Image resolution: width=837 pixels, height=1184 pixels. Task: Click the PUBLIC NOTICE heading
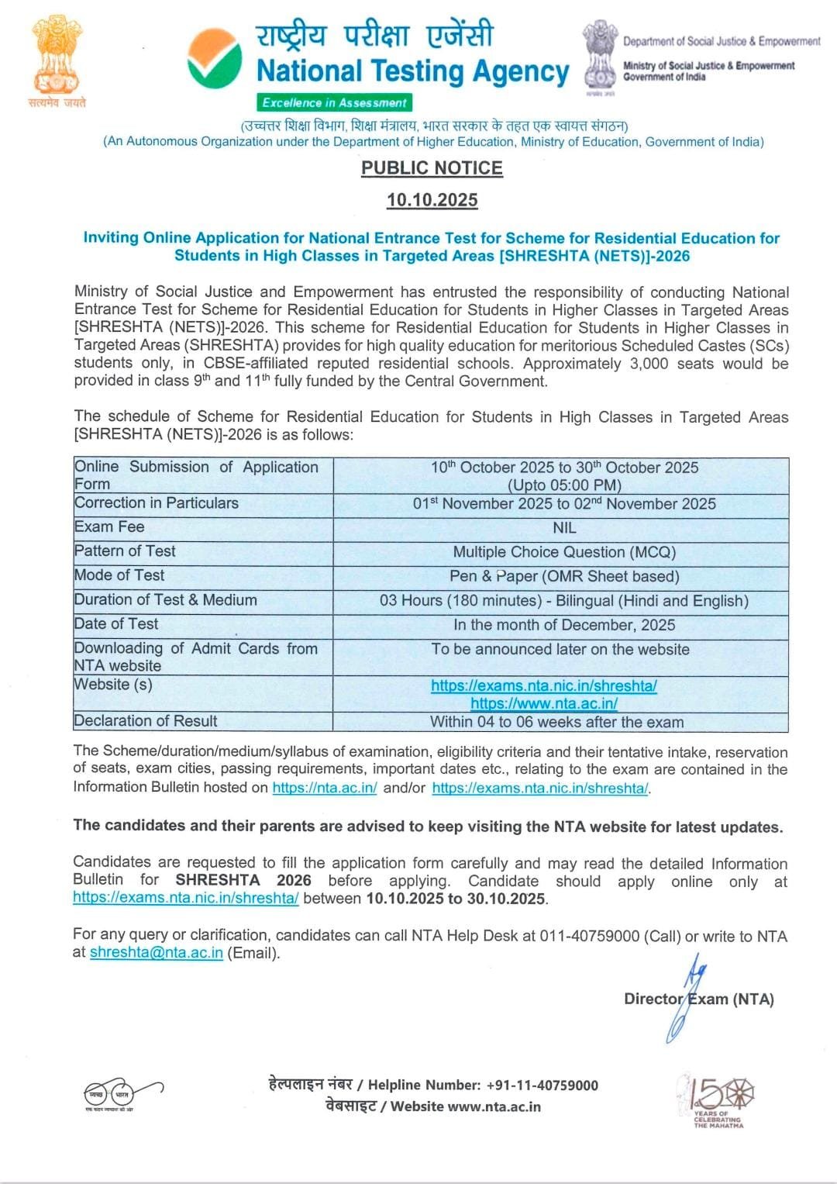[x=432, y=168]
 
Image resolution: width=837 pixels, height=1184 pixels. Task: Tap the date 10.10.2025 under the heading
[x=432, y=200]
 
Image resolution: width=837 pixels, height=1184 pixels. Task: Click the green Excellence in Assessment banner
[x=334, y=102]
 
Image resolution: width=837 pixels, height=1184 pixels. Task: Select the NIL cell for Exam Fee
[x=564, y=528]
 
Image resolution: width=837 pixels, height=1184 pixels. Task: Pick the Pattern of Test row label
[x=125, y=551]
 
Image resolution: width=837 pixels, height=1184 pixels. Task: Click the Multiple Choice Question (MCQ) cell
[x=564, y=552]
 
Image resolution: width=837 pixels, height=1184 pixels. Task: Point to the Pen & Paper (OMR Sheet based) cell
[x=564, y=576]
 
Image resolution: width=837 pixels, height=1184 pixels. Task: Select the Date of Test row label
[x=116, y=624]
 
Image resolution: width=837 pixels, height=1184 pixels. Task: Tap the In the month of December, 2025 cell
[x=564, y=625]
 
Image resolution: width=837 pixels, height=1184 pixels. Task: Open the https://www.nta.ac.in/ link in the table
[x=544, y=703]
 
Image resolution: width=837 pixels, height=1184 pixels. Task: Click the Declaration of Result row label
[x=146, y=721]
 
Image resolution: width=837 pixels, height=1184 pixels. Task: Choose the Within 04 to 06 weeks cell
[x=556, y=722]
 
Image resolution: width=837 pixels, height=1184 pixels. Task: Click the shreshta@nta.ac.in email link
[x=157, y=953]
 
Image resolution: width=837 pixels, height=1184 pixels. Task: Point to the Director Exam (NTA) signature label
[x=698, y=999]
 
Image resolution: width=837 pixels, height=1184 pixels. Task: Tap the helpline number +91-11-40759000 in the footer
[x=542, y=1086]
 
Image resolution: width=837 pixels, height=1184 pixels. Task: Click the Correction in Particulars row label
[x=157, y=503]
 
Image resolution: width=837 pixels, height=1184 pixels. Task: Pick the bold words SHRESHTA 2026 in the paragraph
[x=243, y=881]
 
